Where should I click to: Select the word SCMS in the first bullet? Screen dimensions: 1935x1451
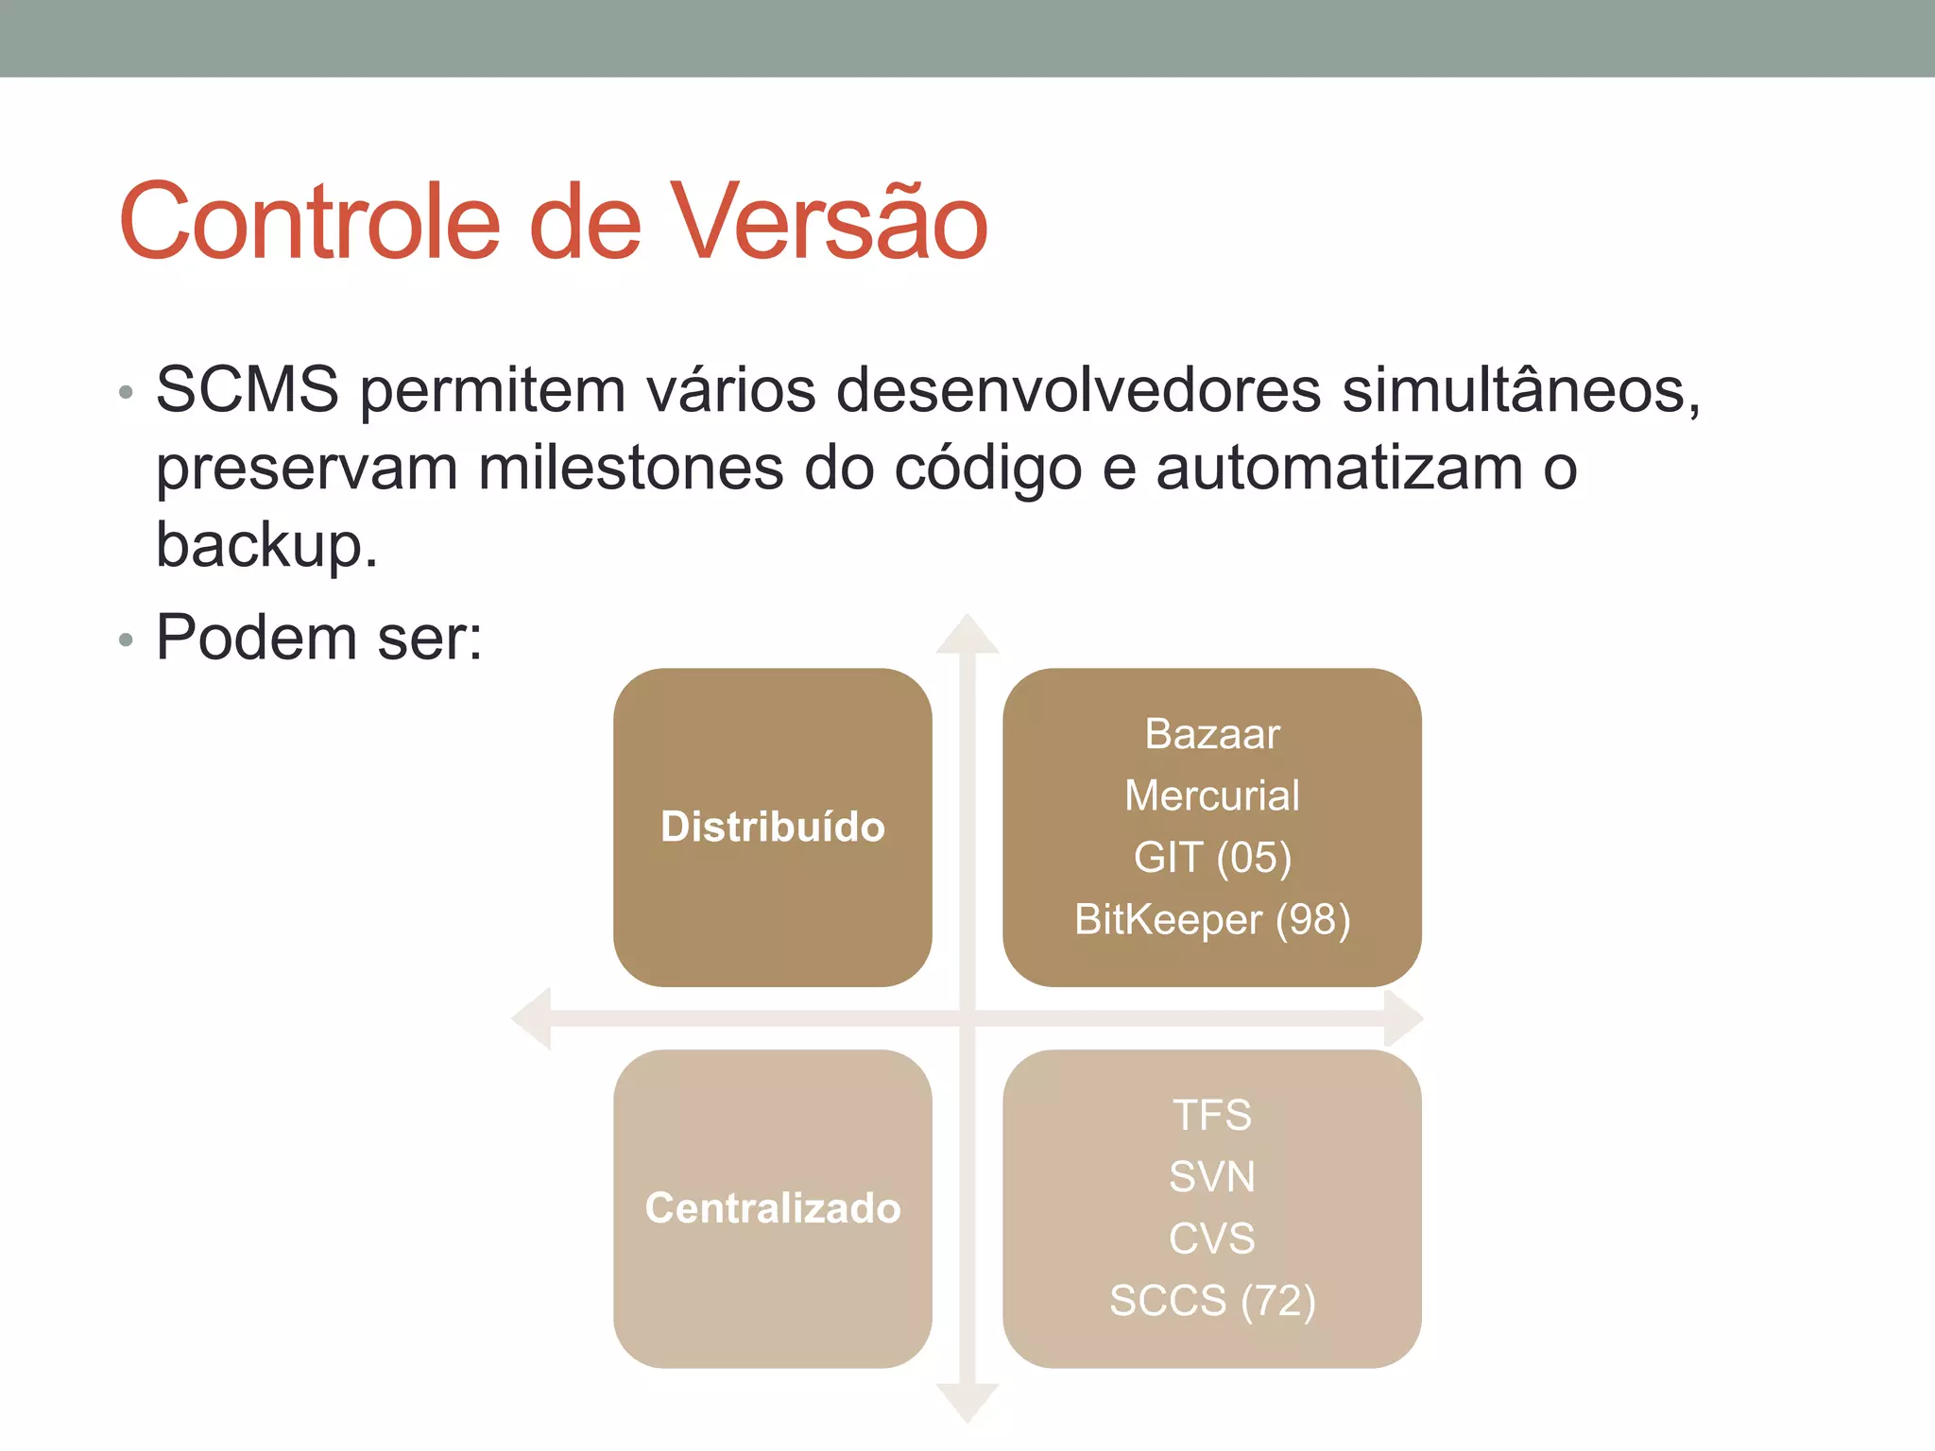pyautogui.click(x=247, y=389)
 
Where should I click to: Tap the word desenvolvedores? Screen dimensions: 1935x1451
pyautogui.click(x=1078, y=389)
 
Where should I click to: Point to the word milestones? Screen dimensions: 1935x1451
pyautogui.click(x=630, y=468)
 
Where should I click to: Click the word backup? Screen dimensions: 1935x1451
pyautogui.click(x=265, y=546)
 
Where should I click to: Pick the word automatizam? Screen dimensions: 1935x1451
pyautogui.click(x=1339, y=468)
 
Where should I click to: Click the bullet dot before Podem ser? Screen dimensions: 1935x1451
pyautogui.click(x=126, y=640)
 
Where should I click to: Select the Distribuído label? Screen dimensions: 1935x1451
pyautogui.click(x=772, y=827)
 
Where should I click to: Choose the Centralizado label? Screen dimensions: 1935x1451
pyautogui.click(x=772, y=1208)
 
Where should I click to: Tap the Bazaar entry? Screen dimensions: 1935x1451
pyautogui.click(x=1212, y=734)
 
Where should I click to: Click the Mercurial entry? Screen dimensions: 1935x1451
pyautogui.click(x=1212, y=795)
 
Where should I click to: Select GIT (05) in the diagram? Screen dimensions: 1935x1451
pyautogui.click(x=1212, y=858)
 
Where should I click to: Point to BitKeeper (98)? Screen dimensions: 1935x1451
pyautogui.click(x=1212, y=919)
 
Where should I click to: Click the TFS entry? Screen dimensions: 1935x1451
pyautogui.click(x=1212, y=1116)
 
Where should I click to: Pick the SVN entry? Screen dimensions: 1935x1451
pyautogui.click(x=1212, y=1177)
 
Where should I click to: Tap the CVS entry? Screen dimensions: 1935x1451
pyautogui.click(x=1212, y=1238)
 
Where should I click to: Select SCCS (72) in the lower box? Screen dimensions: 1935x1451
pyautogui.click(x=1212, y=1301)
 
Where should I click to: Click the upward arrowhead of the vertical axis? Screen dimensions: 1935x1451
pyautogui.click(x=967, y=635)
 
